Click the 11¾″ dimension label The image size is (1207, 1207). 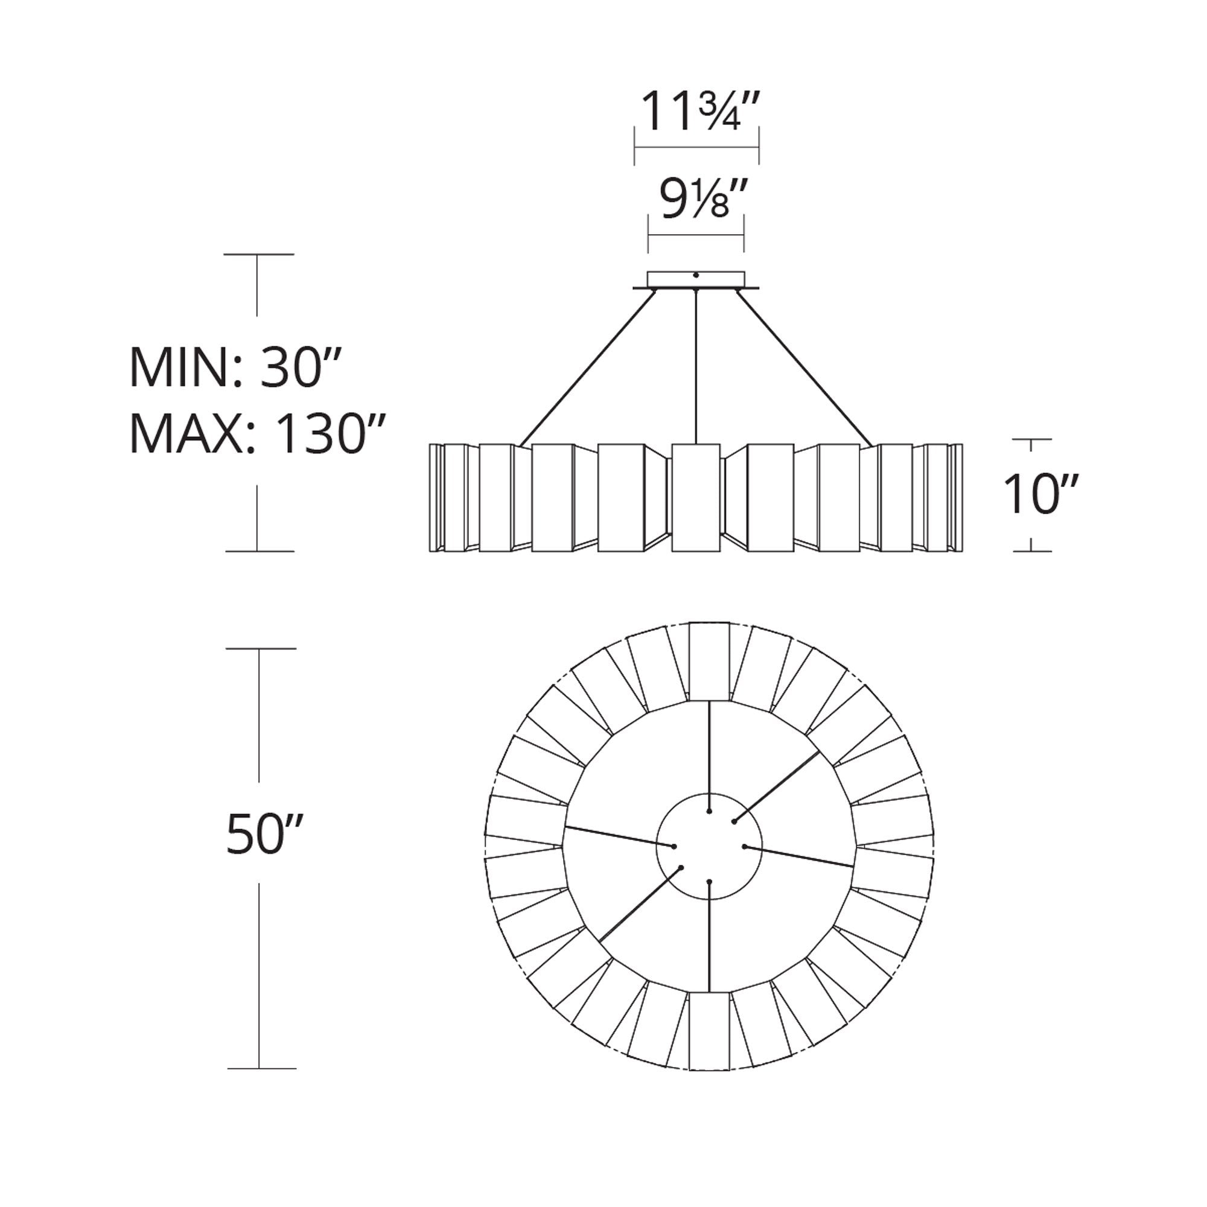699,110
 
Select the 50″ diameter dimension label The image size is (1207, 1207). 264,834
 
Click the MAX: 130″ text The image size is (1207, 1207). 256,433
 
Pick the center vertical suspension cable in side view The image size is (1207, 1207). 696,366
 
